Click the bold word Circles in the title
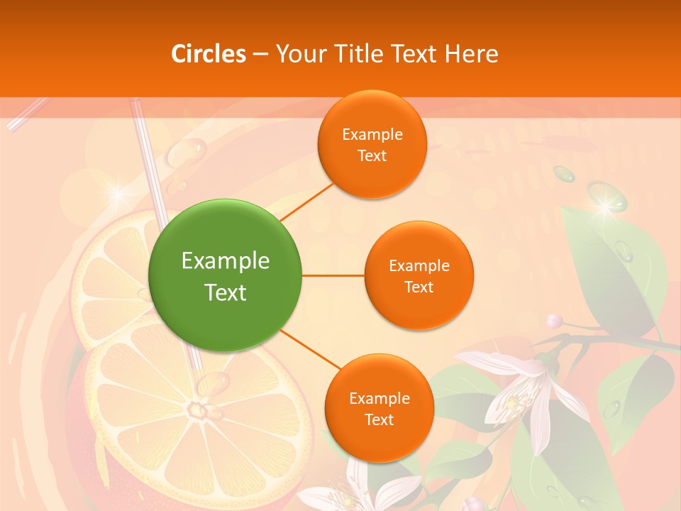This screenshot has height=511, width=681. tap(209, 54)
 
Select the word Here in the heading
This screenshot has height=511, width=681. tap(471, 54)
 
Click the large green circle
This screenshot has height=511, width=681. tap(226, 275)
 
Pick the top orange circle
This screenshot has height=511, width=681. tap(372, 144)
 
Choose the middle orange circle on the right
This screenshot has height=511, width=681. tap(419, 275)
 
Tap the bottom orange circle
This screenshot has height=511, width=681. tap(380, 408)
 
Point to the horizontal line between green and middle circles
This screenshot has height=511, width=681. tap(333, 275)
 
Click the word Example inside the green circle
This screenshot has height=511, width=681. tap(226, 261)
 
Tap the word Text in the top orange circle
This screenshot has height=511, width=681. tap(372, 156)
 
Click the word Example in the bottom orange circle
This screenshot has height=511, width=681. tap(380, 398)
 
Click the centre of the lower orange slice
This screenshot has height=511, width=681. tap(195, 410)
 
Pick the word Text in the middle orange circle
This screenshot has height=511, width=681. tap(419, 287)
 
